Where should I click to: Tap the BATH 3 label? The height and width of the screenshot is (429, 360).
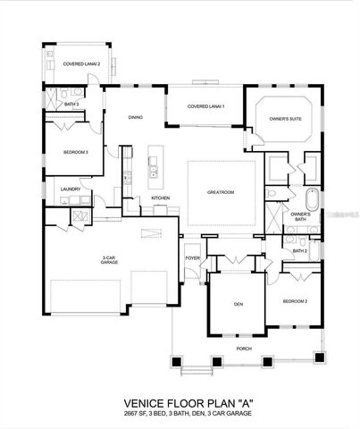pyautogui.click(x=71, y=105)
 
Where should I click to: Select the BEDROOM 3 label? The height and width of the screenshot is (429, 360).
pyautogui.click(x=74, y=152)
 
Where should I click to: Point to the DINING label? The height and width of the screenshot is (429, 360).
pyautogui.click(x=135, y=118)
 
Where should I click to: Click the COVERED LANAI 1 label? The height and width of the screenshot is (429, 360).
pyautogui.click(x=205, y=106)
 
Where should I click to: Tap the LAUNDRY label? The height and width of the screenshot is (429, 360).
pyautogui.click(x=71, y=189)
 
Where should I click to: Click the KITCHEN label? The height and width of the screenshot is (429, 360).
pyautogui.click(x=160, y=198)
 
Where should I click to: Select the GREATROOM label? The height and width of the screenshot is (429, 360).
pyautogui.click(x=221, y=191)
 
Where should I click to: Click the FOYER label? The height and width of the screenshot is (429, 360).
pyautogui.click(x=192, y=258)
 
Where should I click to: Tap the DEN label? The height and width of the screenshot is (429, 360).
pyautogui.click(x=239, y=305)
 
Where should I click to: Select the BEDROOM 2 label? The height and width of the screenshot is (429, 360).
pyautogui.click(x=295, y=301)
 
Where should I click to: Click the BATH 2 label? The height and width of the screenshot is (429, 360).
pyautogui.click(x=299, y=251)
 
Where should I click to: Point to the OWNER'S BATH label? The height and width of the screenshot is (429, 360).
pyautogui.click(x=300, y=216)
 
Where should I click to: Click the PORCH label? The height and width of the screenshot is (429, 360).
pyautogui.click(x=243, y=348)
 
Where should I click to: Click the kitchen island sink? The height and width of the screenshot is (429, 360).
pyautogui.click(x=153, y=165)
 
